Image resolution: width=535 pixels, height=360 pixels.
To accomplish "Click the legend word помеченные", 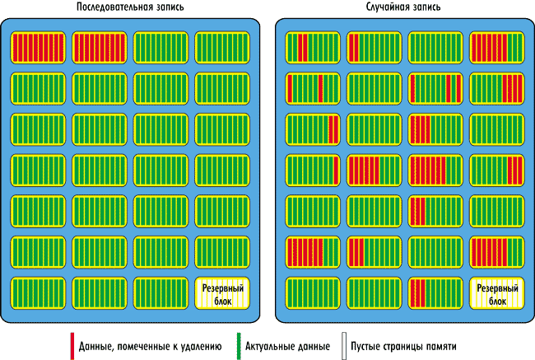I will tap(142, 346).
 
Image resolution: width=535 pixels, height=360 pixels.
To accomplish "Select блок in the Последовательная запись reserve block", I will tap(223, 301).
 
